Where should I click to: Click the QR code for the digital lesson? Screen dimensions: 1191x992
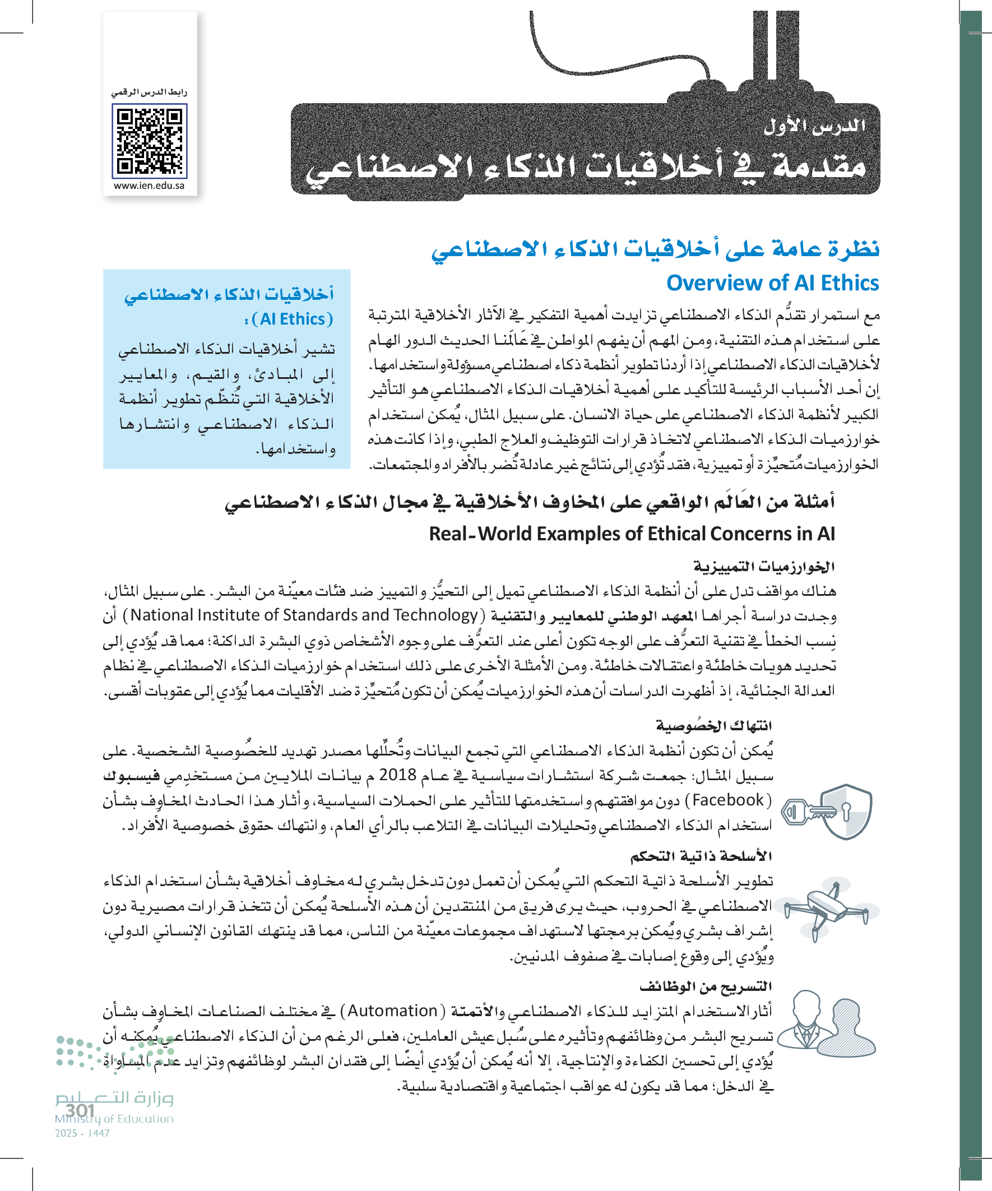150,141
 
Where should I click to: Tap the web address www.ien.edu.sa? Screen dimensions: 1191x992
149,186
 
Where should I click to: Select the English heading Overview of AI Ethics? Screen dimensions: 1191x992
772,282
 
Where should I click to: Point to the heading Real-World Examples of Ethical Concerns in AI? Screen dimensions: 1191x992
631,534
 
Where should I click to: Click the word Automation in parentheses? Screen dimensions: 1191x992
392,1011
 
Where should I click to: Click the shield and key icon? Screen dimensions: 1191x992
827,812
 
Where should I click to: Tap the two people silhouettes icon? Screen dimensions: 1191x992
826,1027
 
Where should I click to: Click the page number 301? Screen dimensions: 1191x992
80,1110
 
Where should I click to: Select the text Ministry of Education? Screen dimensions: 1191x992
114,1119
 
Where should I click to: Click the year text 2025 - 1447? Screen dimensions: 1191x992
82,1133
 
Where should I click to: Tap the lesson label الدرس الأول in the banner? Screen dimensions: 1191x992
814,126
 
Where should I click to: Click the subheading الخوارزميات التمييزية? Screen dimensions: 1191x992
764,567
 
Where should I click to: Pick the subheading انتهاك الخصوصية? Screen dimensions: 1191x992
714,725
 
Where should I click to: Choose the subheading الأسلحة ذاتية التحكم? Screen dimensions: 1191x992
702,856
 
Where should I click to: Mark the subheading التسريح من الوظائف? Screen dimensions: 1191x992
706,986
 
